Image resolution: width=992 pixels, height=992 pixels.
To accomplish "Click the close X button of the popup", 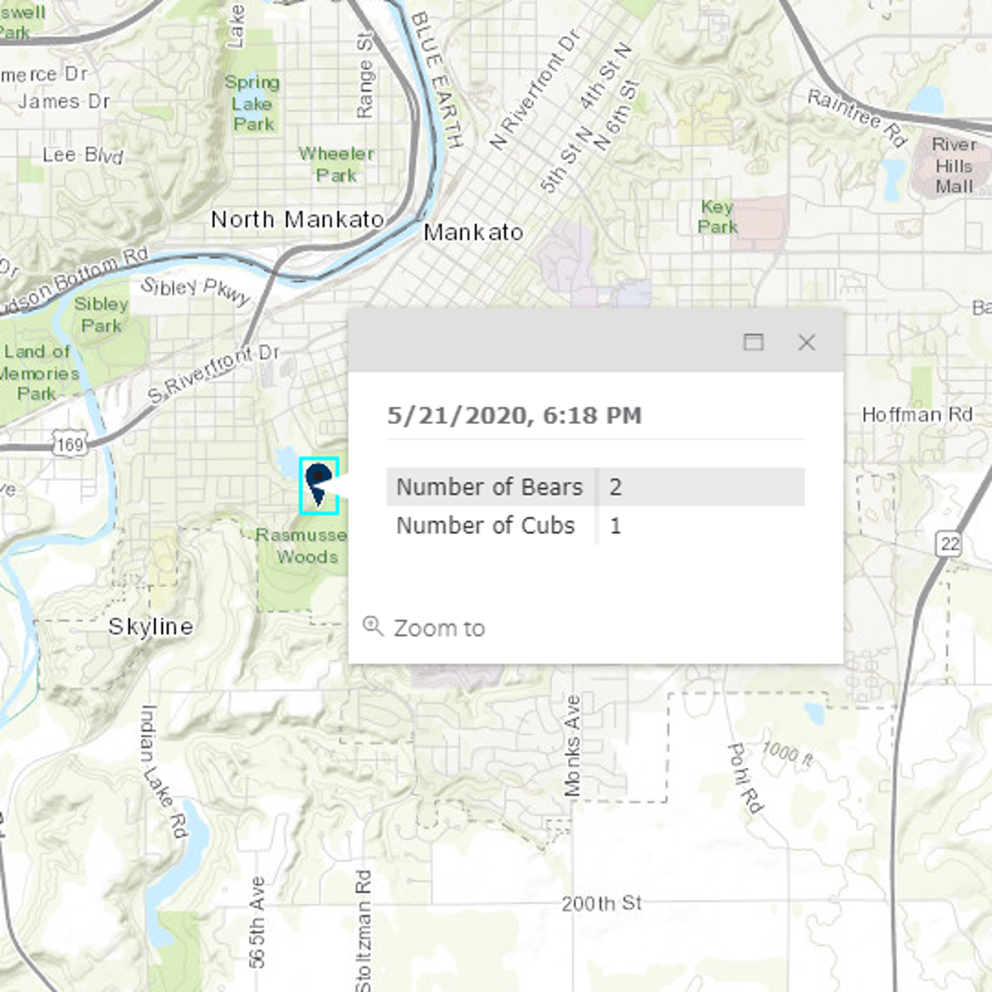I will pyautogui.click(x=806, y=342).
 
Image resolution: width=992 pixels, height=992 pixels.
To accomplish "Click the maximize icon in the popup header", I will pyautogui.click(x=753, y=342).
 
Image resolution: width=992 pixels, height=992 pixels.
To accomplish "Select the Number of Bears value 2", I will pyautogui.click(x=616, y=487).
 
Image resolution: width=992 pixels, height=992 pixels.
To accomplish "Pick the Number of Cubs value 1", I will pyautogui.click(x=616, y=526).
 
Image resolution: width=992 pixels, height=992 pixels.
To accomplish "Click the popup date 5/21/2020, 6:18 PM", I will pyautogui.click(x=514, y=415).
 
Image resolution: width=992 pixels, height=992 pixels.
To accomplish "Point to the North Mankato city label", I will pyautogui.click(x=297, y=220).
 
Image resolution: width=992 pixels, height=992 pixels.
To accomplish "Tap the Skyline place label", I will pyautogui.click(x=150, y=627).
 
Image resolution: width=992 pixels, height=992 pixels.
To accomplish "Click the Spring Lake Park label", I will pyautogui.click(x=252, y=103).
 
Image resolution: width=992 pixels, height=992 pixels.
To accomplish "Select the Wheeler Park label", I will pyautogui.click(x=336, y=164).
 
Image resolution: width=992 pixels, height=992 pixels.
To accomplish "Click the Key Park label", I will pyautogui.click(x=717, y=217).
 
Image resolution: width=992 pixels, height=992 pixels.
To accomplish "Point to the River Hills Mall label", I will pyautogui.click(x=954, y=165).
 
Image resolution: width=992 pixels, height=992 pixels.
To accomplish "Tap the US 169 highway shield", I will pyautogui.click(x=70, y=445).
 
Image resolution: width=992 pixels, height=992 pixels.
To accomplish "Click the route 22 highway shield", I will pyautogui.click(x=950, y=543).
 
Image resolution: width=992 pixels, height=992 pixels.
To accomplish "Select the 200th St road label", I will pyautogui.click(x=601, y=904).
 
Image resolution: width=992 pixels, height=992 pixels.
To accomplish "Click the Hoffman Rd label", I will pyautogui.click(x=917, y=414).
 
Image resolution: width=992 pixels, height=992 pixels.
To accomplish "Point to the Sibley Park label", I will pyautogui.click(x=101, y=315).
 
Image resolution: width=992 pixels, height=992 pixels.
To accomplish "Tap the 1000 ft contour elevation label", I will pyautogui.click(x=787, y=754).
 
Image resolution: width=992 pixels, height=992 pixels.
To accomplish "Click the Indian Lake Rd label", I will pyautogui.click(x=162, y=770).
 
